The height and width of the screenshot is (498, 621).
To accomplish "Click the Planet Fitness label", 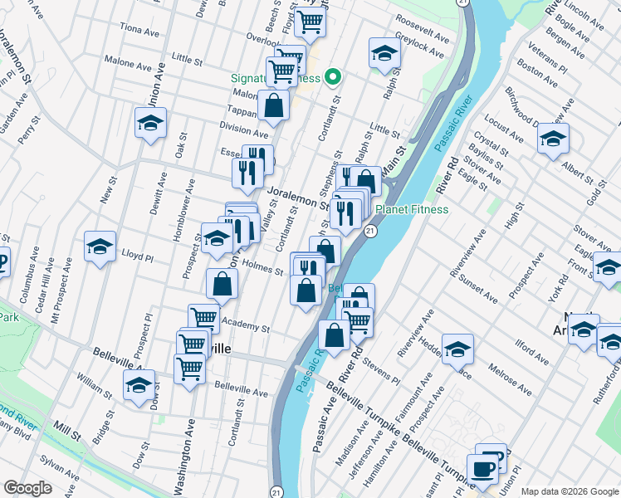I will pyautogui.click(x=411, y=210).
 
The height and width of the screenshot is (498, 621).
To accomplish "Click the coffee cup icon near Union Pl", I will pyautogui.click(x=483, y=470).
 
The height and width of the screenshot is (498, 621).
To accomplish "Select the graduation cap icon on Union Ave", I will pyautogui.click(x=150, y=124).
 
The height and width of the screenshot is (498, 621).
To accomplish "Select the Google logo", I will pyautogui.click(x=27, y=488).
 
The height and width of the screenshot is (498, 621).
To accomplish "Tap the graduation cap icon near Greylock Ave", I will pyautogui.click(x=384, y=54).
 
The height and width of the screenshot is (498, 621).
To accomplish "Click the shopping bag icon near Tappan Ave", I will pyautogui.click(x=273, y=105).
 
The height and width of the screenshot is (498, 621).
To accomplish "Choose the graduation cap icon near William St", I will pyautogui.click(x=139, y=384).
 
